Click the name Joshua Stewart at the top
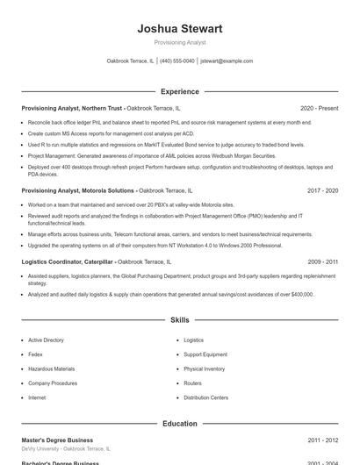tap(179, 28)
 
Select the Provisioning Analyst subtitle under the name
tap(179, 42)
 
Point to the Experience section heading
tap(179, 91)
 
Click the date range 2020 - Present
tap(319, 108)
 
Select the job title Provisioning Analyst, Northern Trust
tap(72, 108)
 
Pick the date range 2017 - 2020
tap(323, 190)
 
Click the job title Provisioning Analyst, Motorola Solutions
tap(78, 190)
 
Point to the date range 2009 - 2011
tap(323, 261)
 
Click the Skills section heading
tap(179, 320)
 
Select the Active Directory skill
tap(46, 340)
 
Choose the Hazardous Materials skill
tap(51, 369)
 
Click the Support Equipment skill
tap(205, 354)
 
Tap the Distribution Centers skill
tap(205, 397)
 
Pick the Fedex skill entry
tap(35, 354)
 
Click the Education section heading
tap(179, 424)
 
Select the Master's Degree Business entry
tap(57, 440)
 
